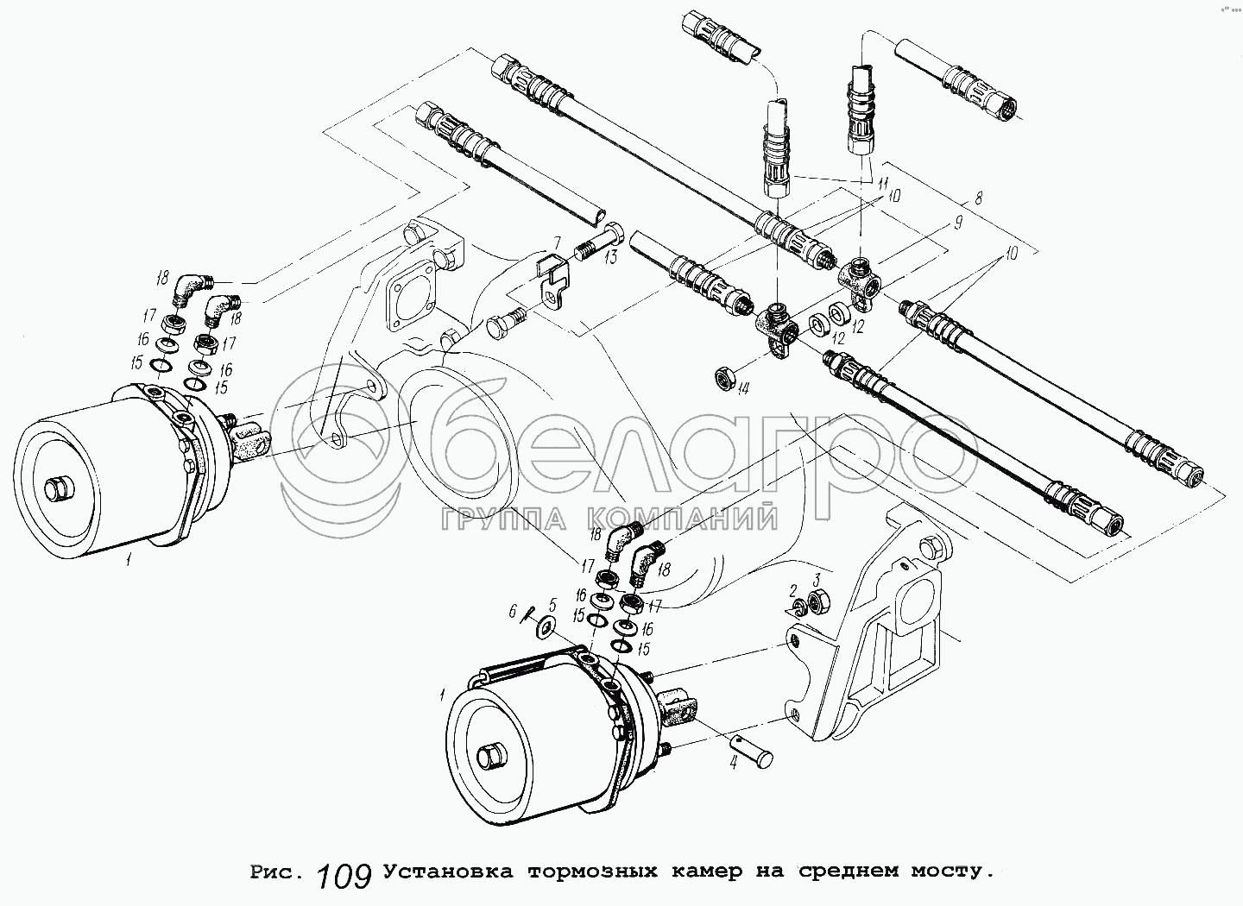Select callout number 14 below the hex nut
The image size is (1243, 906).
[x=744, y=389]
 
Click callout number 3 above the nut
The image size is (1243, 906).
[x=817, y=577]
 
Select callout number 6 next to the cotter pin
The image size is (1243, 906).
[x=513, y=611]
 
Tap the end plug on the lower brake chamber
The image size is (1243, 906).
[x=491, y=757]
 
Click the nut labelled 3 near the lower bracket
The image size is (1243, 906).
[x=821, y=598]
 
